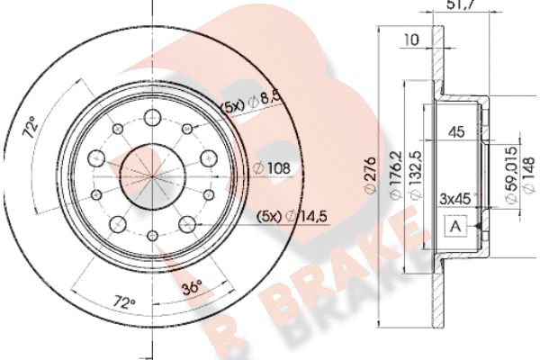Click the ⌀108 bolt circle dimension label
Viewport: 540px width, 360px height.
coord(272,168)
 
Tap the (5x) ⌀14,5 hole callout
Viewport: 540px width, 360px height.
coord(292,217)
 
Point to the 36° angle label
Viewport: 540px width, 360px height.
coord(192,287)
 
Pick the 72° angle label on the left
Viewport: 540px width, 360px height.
coord(30,127)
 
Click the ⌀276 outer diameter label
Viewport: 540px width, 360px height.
coord(370,175)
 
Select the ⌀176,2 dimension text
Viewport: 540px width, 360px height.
coord(395,174)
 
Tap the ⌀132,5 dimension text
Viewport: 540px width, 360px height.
coord(416,174)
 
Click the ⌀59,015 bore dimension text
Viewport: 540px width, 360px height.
coord(510,175)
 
